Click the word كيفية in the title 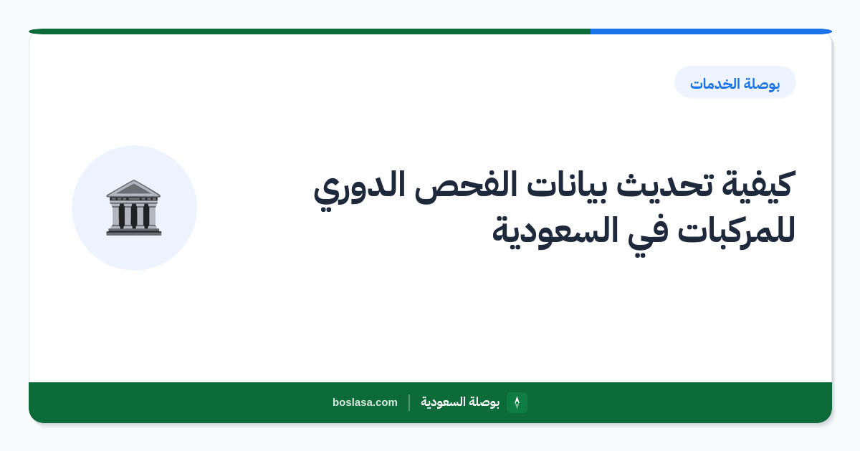point(758,185)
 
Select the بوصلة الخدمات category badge point(735,82)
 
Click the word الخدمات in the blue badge point(714,83)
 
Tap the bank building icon point(133,208)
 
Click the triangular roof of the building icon point(133,188)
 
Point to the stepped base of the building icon point(133,231)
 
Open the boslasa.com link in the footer point(365,402)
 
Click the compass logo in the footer point(517,402)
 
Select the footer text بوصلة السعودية point(460,402)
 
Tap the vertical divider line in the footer point(409,402)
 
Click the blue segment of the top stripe point(711,31)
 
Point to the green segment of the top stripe point(310,31)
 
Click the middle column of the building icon point(133,215)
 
